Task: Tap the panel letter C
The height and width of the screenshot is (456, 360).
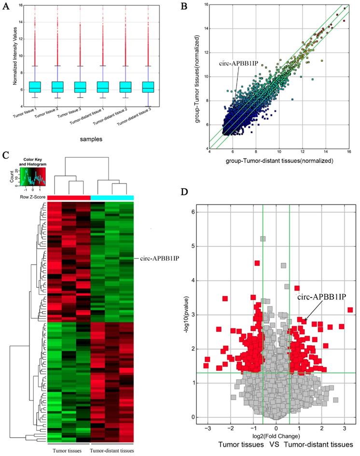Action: pyautogui.click(x=5, y=155)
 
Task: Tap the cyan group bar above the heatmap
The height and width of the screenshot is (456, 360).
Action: pyautogui.click(x=112, y=198)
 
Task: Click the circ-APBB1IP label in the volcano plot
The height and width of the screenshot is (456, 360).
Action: pyautogui.click(x=321, y=296)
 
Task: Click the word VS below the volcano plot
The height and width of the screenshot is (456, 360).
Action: pyautogui.click(x=273, y=443)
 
